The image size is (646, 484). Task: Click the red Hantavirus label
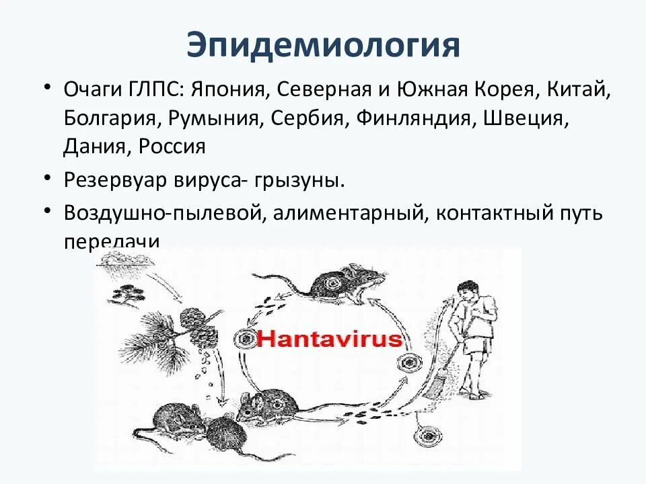pyautogui.click(x=330, y=338)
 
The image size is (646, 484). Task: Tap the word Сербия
pyautogui.click(x=303, y=118)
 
